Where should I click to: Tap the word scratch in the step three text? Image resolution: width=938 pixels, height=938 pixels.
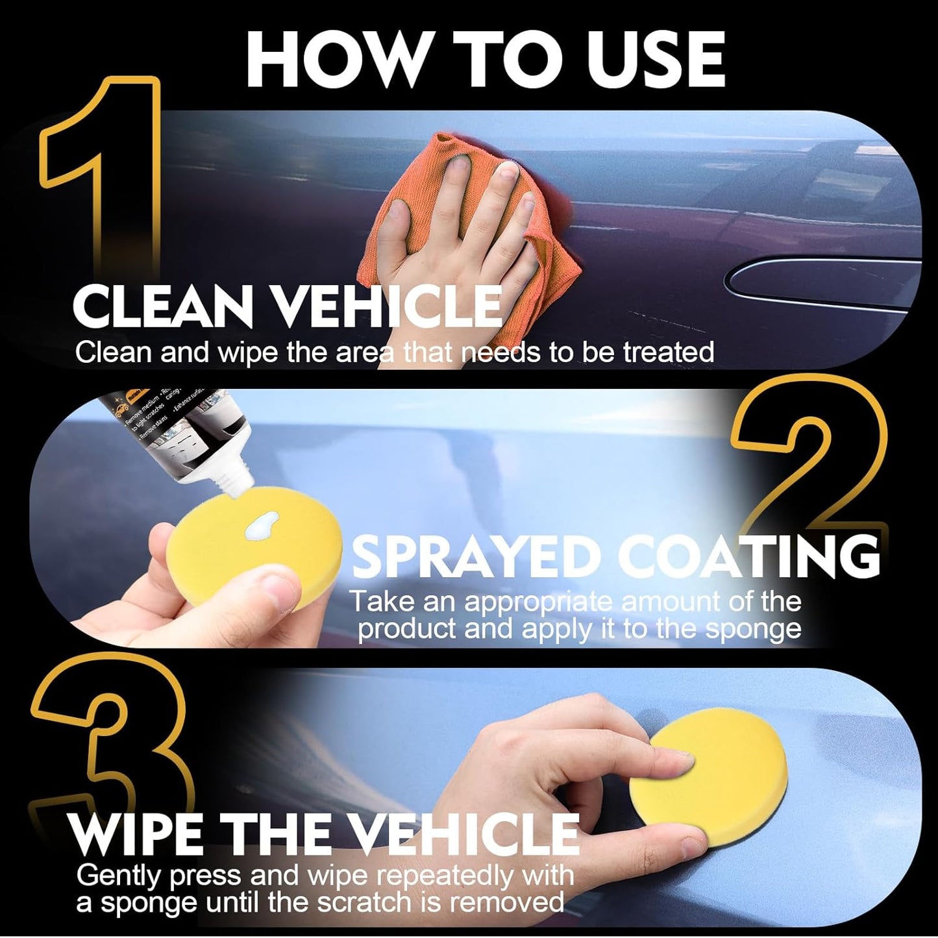coord(402,902)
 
